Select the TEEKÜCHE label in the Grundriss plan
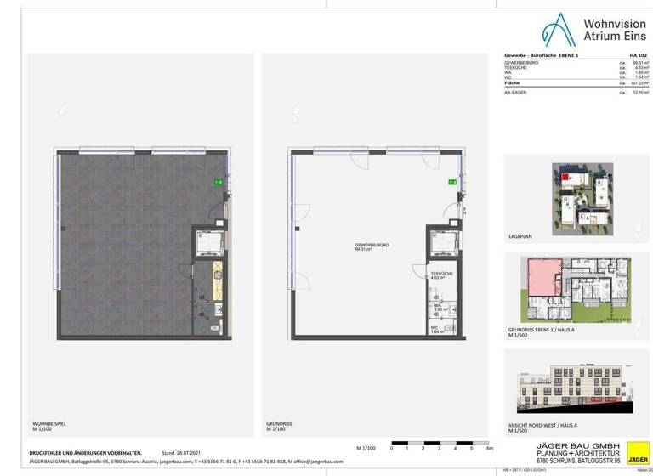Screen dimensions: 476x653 [x=440, y=274]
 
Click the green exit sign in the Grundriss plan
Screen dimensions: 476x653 [x=452, y=182]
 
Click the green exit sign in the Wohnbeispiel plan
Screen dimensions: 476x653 [x=218, y=182]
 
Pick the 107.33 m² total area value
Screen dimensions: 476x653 [x=632, y=83]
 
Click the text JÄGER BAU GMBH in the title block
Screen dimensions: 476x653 [x=565, y=445]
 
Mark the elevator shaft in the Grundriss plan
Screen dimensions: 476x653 [x=440, y=245]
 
